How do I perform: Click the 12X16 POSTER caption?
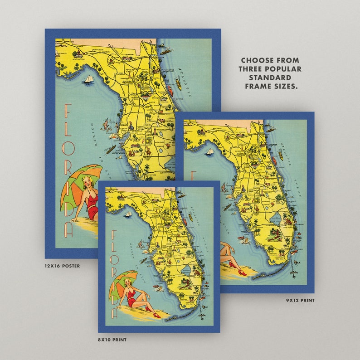[x=62, y=266]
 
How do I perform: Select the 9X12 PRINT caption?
[x=300, y=300]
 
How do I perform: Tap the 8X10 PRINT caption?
[x=112, y=339]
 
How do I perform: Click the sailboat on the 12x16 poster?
[x=88, y=79]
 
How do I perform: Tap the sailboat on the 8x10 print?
[x=129, y=214]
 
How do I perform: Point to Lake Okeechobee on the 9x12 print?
[x=275, y=222]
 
